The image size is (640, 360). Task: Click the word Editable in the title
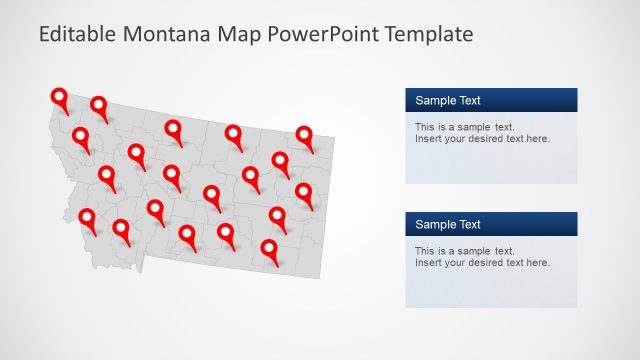(x=77, y=35)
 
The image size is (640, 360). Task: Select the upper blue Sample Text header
(x=491, y=100)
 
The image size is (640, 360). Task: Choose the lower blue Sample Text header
(x=491, y=224)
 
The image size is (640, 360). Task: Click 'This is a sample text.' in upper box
(x=464, y=127)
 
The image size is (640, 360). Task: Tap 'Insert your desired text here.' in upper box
(x=482, y=139)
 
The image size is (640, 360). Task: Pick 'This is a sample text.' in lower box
(x=464, y=251)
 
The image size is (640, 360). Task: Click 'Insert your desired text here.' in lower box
(x=482, y=263)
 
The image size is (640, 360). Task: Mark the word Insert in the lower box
(x=428, y=263)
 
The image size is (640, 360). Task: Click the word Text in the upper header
(x=469, y=100)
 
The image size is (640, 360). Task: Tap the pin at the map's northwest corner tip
(x=60, y=97)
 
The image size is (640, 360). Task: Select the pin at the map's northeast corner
(x=305, y=134)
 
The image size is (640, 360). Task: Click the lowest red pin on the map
(x=269, y=248)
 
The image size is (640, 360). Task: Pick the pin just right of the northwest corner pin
(x=99, y=105)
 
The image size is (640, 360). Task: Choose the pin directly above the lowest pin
(x=277, y=215)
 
